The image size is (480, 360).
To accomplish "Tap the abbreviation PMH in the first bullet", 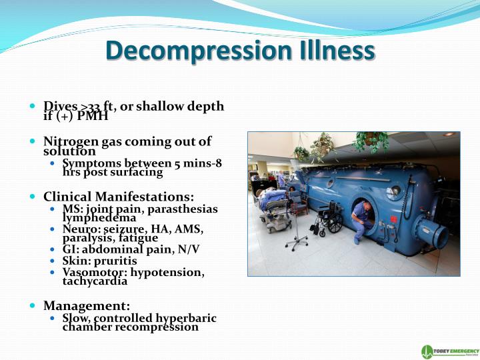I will coord(93,117).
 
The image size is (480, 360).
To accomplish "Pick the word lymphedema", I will coord(99,217).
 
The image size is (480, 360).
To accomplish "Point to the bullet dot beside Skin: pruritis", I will coord(55,261).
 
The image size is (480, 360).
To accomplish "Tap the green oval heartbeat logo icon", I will coord(427,351).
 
